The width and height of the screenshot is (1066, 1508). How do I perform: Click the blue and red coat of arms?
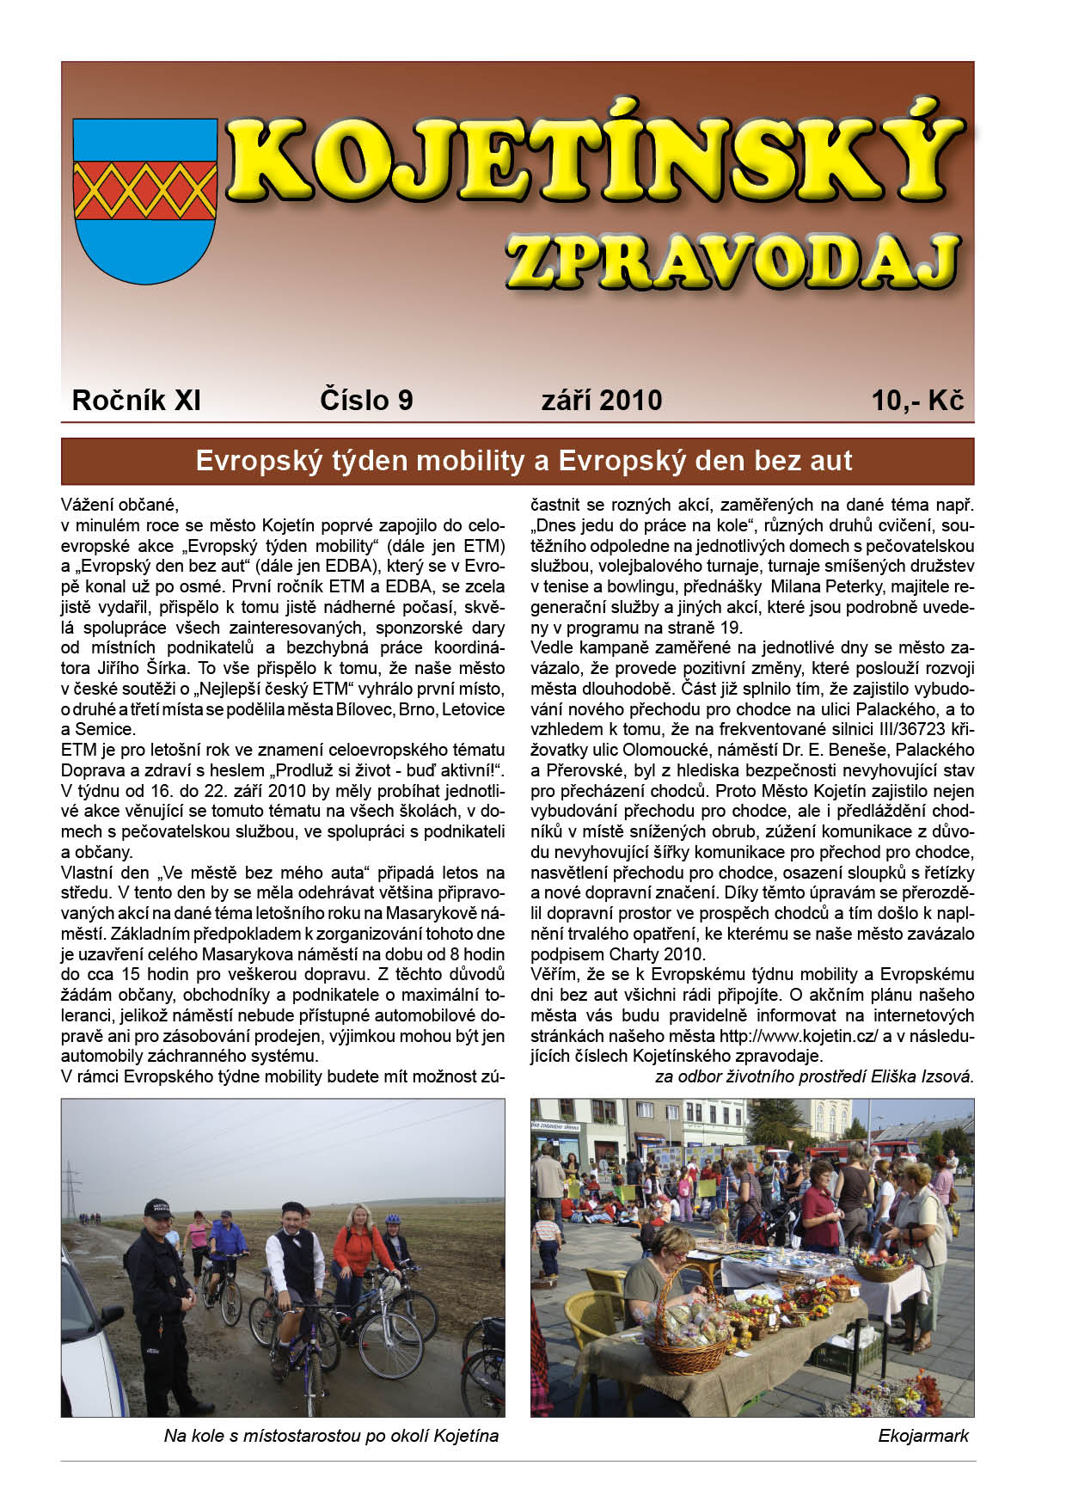pyautogui.click(x=144, y=201)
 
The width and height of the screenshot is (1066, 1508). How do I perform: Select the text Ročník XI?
pyautogui.click(x=136, y=401)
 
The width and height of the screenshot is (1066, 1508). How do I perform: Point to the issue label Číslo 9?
pyautogui.click(x=366, y=401)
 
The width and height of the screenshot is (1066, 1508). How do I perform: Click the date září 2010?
pyautogui.click(x=602, y=401)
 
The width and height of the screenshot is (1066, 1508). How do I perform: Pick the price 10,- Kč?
pyautogui.click(x=917, y=401)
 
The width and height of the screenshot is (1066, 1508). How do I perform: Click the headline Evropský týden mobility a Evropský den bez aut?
pyautogui.click(x=524, y=461)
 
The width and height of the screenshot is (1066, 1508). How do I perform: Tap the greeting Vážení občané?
pyautogui.click(x=119, y=505)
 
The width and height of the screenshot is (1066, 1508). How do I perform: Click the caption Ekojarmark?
pyautogui.click(x=923, y=1436)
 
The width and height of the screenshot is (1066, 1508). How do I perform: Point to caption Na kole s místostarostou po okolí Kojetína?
pyautogui.click(x=331, y=1436)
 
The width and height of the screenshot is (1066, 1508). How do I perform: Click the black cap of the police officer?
pyautogui.click(x=159, y=1206)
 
